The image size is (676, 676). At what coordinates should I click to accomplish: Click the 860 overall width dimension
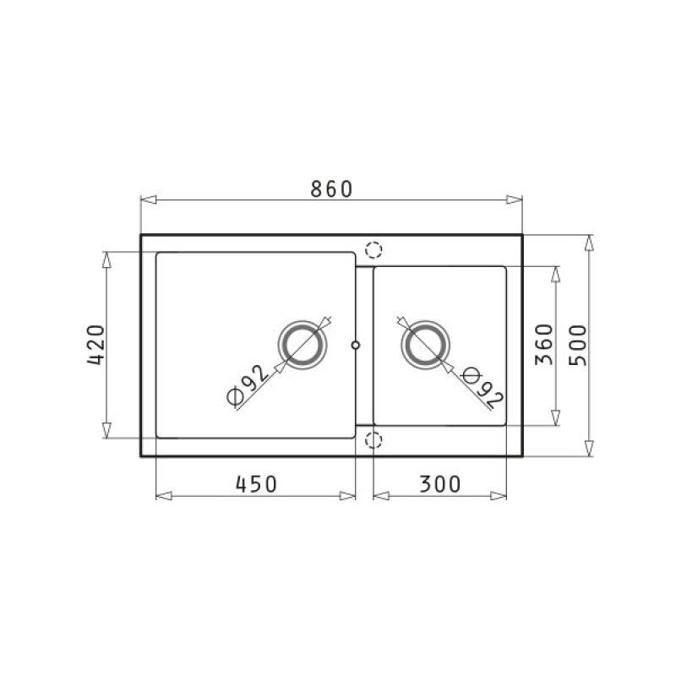pyautogui.click(x=331, y=189)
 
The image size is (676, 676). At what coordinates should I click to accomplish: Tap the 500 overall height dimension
pyautogui.click(x=578, y=346)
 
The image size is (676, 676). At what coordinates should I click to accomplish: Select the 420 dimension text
pyautogui.click(x=95, y=346)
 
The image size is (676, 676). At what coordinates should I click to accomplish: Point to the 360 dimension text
pyautogui.click(x=543, y=345)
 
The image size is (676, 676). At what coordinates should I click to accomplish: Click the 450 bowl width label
pyautogui.click(x=256, y=484)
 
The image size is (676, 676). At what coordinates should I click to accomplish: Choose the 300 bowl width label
pyautogui.click(x=439, y=484)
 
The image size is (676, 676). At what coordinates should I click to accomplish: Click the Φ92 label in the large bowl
pyautogui.click(x=247, y=385)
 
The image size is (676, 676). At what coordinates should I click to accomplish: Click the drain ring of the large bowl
pyautogui.click(x=303, y=345)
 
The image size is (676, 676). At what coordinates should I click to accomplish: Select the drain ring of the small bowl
pyautogui.click(x=425, y=345)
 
